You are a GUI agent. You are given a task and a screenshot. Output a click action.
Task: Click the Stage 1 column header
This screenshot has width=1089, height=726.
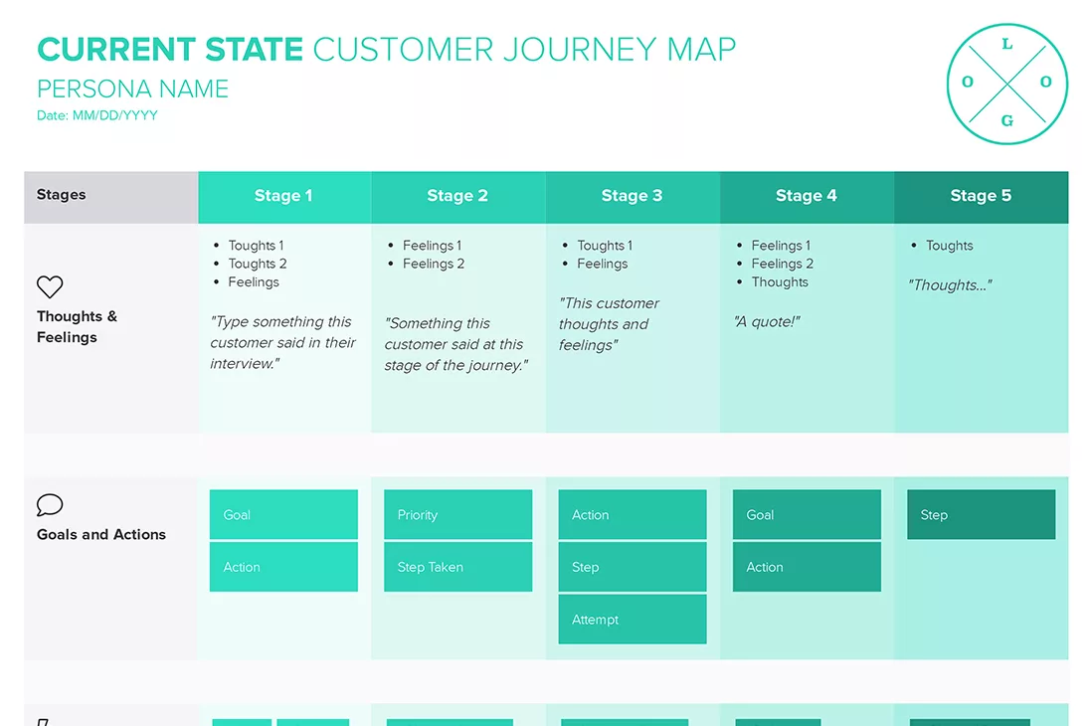283,196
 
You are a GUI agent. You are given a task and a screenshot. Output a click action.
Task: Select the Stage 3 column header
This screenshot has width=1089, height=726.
632,196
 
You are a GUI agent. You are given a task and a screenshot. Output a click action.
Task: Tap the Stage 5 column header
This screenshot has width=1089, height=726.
981,196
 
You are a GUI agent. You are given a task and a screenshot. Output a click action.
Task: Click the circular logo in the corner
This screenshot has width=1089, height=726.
1006,84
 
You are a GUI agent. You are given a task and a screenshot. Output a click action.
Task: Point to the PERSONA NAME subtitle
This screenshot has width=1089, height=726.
133,90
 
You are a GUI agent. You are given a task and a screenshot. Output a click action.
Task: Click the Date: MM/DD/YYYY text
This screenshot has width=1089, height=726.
97,115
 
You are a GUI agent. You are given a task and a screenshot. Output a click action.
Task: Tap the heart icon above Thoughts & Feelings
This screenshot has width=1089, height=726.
50,287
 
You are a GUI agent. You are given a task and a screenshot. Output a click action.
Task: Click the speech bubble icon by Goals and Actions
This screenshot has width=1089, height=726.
50,505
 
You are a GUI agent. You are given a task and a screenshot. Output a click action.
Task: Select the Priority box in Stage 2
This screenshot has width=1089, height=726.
457,515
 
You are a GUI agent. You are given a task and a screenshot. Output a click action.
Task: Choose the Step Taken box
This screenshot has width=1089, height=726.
457,567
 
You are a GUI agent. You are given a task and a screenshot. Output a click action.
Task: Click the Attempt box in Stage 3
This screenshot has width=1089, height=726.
632,620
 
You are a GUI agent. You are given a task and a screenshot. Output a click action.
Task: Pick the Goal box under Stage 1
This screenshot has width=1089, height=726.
283,515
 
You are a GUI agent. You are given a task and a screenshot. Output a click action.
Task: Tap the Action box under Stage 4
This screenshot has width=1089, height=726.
807,567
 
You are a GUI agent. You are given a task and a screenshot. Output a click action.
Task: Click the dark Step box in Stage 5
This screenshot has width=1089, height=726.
981,515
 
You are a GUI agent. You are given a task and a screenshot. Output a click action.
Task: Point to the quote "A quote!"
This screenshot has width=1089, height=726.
767,321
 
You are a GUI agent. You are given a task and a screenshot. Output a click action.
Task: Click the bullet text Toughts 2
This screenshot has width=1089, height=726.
257,264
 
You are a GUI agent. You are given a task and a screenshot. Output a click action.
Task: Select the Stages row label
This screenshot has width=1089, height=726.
62,195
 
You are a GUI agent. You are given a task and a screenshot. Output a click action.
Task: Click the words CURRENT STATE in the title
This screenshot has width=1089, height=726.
170,50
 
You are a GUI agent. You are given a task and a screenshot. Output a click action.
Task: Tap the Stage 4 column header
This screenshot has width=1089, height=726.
807,196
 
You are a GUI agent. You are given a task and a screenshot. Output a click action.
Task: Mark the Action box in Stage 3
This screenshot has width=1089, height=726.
632,515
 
